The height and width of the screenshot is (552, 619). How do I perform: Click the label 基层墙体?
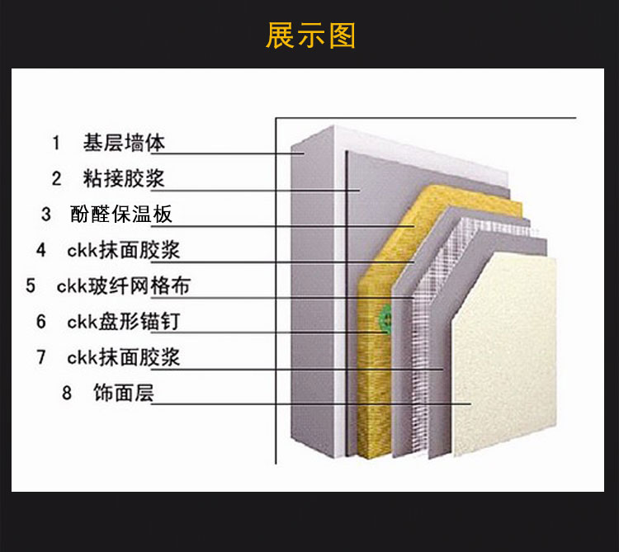[x=124, y=143]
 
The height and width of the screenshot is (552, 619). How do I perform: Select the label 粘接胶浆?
[x=124, y=178]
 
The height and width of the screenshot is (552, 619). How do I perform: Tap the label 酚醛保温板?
[x=121, y=215]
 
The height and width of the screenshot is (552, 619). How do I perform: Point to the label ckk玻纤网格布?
[x=124, y=286]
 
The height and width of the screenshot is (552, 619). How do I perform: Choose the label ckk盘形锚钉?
[x=123, y=322]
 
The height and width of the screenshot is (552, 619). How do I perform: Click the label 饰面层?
[x=124, y=394]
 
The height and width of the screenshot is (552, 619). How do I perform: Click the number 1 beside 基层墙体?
[x=56, y=144]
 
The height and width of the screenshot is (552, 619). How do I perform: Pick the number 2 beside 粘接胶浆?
[x=56, y=178]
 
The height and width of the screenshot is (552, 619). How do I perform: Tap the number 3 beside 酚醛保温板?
[x=46, y=215]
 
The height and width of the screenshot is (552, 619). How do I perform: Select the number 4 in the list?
[x=41, y=250]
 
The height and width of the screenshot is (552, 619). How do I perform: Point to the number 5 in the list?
[x=31, y=286]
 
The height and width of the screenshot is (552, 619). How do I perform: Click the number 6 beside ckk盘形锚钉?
[x=41, y=322]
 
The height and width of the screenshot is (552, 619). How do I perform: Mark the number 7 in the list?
[x=41, y=358]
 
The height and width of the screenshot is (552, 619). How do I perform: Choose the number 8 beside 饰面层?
[x=68, y=394]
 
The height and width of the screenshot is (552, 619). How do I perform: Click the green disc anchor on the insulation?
[x=386, y=315]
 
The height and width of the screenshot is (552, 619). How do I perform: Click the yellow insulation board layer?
[x=376, y=371]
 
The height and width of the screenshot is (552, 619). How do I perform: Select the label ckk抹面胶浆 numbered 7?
[x=124, y=358]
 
